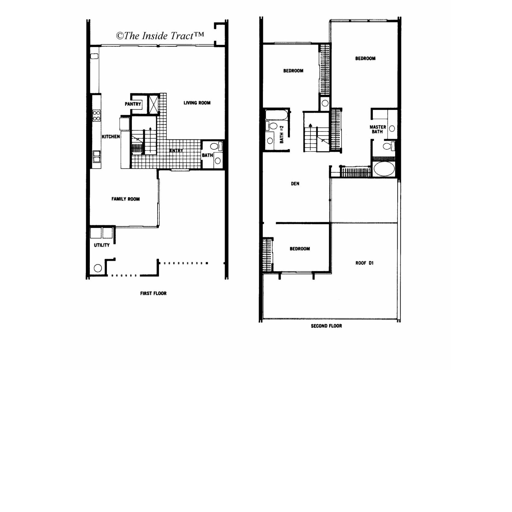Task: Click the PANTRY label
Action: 133,104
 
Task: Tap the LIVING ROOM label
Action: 197,103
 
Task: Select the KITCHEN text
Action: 111,136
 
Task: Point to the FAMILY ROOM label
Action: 126,199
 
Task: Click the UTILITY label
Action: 102,245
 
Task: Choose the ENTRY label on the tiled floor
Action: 176,150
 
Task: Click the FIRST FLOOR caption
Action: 153,293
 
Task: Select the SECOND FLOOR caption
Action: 326,326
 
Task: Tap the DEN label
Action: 295,184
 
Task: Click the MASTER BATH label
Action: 378,129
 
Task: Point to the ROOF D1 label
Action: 364,263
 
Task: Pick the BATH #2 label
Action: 282,134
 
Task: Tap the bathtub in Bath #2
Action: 276,115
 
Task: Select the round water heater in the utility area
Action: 98,268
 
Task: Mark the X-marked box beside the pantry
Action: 154,104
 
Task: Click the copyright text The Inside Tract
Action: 160,36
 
